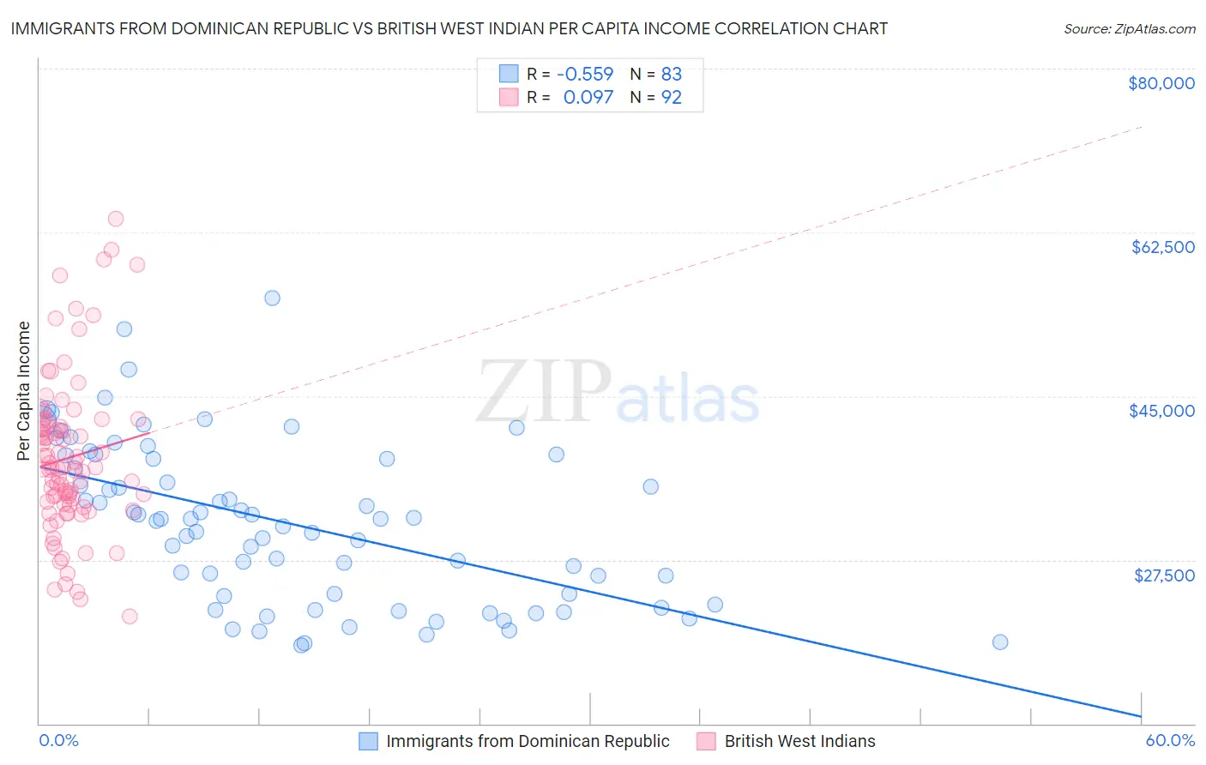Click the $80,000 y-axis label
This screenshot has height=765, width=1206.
[1161, 83]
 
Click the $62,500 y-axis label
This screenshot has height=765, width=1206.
[1162, 247]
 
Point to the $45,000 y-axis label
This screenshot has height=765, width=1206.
[1161, 411]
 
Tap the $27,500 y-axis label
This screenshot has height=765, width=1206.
[1164, 575]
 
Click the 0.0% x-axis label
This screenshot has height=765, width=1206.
[58, 740]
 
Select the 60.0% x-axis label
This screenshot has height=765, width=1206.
[1170, 740]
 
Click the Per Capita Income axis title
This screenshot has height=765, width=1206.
[24, 390]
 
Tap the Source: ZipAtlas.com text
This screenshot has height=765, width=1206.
[1129, 28]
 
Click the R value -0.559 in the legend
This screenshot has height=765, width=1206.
[585, 74]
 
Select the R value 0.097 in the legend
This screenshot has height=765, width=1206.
[588, 98]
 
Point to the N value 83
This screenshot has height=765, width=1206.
[671, 74]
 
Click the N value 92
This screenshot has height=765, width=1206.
[671, 98]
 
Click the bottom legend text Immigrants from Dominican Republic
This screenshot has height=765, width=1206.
[528, 741]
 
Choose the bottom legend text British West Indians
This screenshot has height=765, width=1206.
[799, 741]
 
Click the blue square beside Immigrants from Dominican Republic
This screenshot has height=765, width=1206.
[368, 741]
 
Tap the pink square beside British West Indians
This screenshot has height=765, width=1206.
[706, 741]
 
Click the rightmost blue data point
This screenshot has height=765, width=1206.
[999, 642]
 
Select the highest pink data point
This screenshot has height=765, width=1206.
[116, 219]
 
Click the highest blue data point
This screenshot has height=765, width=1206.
[272, 298]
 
